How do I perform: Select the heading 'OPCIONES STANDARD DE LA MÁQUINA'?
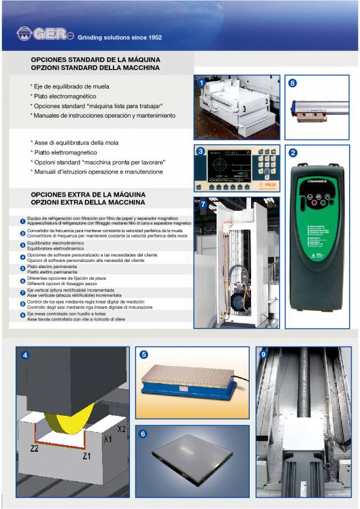[x=95, y=60]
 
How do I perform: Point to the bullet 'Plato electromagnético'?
[x=65, y=97]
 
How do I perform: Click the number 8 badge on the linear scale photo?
[x=293, y=83]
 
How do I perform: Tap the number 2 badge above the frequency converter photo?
[x=293, y=153]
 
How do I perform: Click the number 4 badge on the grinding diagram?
[x=25, y=355]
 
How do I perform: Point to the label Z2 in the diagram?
[x=34, y=449]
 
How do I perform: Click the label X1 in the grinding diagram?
[x=108, y=440]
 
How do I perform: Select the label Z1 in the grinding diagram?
[x=86, y=456]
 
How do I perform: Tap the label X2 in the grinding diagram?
[x=122, y=429]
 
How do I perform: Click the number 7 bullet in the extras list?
[x=22, y=292]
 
